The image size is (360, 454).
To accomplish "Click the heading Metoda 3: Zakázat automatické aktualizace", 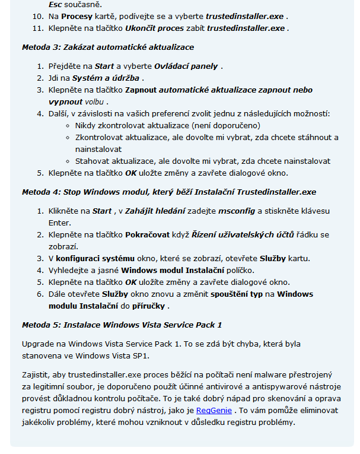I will [x=108, y=47].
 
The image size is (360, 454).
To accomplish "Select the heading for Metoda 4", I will [x=169, y=192].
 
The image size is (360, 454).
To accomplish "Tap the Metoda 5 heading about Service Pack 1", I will [x=122, y=325].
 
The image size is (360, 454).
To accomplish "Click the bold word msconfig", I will [x=237, y=211].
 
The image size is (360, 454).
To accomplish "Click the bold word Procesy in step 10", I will [x=77, y=16].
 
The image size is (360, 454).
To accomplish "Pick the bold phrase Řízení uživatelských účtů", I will [x=243, y=234].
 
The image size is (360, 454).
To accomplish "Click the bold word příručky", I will [x=151, y=306].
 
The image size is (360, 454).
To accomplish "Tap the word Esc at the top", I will [x=55, y=4].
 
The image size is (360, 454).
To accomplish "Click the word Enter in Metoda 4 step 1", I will [x=59, y=223].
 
